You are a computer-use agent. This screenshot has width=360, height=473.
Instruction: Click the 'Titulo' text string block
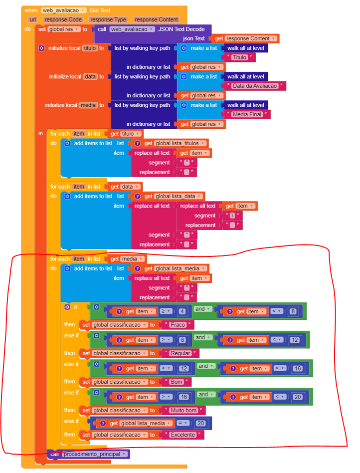(240, 57)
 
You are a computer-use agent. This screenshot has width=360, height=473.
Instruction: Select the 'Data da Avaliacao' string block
(255, 86)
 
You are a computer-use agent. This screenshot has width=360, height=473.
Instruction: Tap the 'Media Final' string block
(247, 114)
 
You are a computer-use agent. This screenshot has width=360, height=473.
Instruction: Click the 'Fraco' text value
(178, 325)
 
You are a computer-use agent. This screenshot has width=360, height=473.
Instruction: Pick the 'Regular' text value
(180, 353)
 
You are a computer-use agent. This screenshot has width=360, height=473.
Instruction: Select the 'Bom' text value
(177, 382)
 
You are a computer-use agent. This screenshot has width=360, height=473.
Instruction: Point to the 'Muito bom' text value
(183, 410)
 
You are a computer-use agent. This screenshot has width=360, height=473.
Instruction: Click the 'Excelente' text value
(182, 435)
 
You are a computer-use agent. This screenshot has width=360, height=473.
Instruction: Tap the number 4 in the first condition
(182, 311)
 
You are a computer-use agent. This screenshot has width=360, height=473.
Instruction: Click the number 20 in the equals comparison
(201, 423)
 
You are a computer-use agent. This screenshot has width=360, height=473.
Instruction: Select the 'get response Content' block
(245, 38)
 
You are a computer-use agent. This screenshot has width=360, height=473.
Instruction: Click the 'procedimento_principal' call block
(89, 454)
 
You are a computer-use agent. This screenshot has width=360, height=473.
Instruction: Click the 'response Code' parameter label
(63, 19)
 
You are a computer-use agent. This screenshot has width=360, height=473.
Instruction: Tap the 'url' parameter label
(32, 19)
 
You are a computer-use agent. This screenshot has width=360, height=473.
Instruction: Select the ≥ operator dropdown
(166, 311)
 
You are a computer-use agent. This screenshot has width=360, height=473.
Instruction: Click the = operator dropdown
(183, 423)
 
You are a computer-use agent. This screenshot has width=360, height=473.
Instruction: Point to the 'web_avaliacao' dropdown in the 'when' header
(64, 10)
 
